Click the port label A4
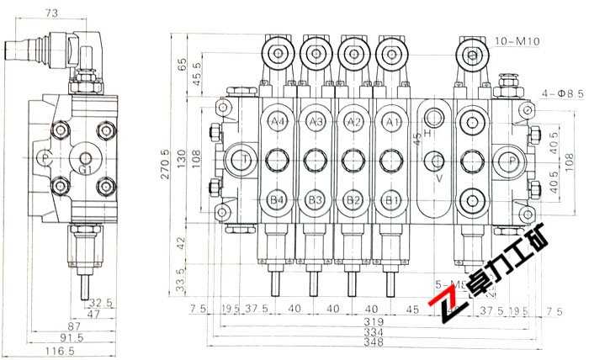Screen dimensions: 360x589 pos(277,123)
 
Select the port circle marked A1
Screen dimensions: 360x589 pos(390,123)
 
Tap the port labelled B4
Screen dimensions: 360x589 pos(277,199)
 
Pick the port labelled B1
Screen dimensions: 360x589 pos(390,199)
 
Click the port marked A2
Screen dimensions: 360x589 pos(353,123)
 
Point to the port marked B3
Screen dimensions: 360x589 pos(316,199)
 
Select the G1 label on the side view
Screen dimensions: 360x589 pos(84,169)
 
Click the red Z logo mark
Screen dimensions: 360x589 pos(443,311)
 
